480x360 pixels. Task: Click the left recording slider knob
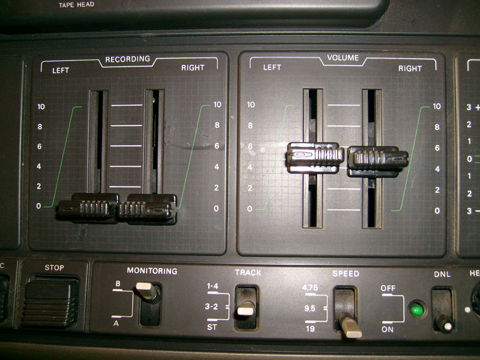click(88, 208)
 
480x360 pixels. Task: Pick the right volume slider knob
click(378, 160)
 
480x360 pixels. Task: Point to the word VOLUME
click(343, 58)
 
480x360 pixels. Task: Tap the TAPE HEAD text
click(76, 5)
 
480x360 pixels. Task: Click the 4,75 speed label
click(310, 288)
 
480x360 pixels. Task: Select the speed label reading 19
click(310, 329)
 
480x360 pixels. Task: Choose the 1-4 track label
click(212, 287)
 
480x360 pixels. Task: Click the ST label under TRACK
click(211, 328)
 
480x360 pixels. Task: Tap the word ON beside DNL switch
click(387, 329)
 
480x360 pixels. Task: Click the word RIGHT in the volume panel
click(410, 68)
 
